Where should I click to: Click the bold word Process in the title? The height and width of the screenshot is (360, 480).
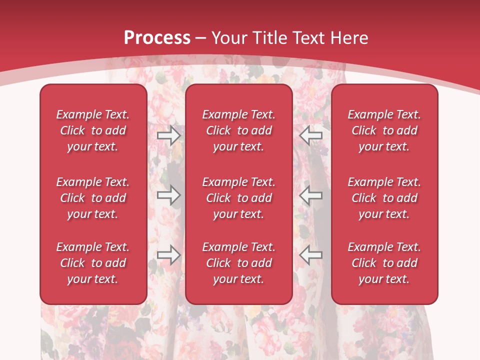[157, 38]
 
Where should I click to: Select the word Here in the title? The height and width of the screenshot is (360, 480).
[348, 38]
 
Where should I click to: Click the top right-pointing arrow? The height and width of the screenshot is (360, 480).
[168, 135]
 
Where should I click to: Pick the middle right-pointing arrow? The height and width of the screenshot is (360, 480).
[168, 195]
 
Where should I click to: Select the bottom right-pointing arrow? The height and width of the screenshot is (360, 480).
[168, 254]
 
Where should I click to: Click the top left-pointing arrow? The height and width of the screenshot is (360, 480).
[311, 135]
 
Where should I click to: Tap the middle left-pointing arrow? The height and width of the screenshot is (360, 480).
[311, 195]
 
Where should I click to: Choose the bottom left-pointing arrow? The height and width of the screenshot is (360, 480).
[311, 254]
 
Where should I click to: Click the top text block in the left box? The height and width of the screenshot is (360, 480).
[93, 130]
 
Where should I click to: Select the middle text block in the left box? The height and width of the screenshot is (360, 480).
[93, 198]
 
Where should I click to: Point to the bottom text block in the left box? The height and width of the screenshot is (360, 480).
[93, 263]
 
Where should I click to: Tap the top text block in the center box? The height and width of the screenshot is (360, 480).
[239, 130]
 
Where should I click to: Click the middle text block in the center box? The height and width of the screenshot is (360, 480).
[239, 198]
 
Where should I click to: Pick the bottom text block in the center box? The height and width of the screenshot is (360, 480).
[239, 263]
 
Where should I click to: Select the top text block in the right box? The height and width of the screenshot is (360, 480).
[384, 130]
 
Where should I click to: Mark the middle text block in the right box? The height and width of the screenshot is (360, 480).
[384, 198]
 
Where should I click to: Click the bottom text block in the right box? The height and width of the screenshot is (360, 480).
[384, 263]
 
